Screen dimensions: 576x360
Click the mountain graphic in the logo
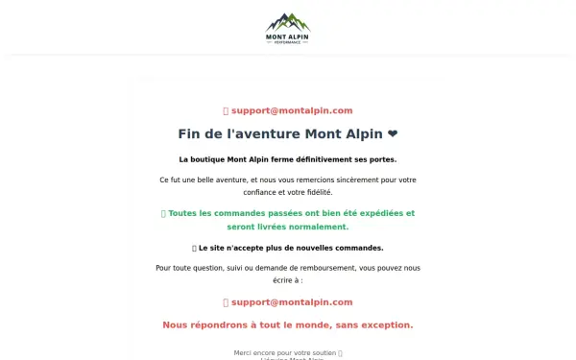288,22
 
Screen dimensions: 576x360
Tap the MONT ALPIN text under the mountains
288,36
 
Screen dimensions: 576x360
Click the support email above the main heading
292,110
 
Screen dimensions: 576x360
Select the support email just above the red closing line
292,302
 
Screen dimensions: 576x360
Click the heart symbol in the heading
393,133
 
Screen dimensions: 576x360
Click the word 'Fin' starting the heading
189,133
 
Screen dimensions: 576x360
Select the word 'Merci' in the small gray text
244,352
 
